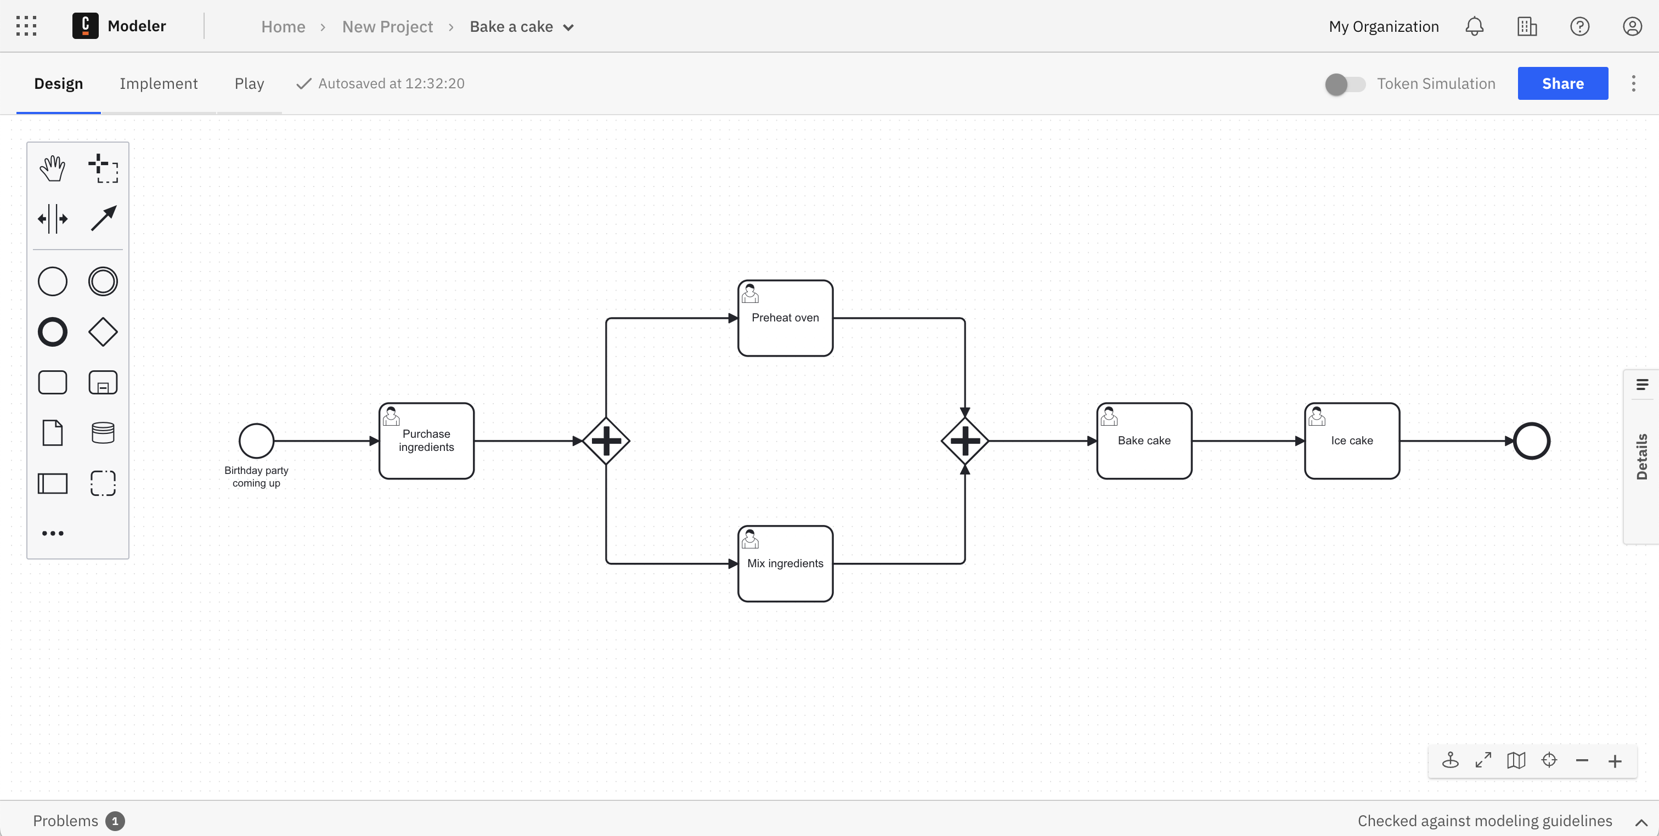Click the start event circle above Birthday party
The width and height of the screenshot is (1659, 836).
pos(256,440)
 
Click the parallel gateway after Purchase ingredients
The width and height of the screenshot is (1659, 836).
pos(606,440)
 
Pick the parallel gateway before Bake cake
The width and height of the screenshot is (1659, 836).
pos(965,440)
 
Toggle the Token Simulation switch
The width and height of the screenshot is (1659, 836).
pos(1345,84)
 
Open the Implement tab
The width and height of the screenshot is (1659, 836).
pos(159,84)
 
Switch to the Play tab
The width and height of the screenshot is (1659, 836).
pos(249,84)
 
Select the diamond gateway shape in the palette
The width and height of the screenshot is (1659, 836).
pos(103,332)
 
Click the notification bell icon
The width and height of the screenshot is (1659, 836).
pos(1474,26)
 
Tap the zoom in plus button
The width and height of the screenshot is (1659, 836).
pos(1615,761)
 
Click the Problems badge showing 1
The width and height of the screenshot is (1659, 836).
pos(115,821)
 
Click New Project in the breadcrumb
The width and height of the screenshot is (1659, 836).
pos(387,26)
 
